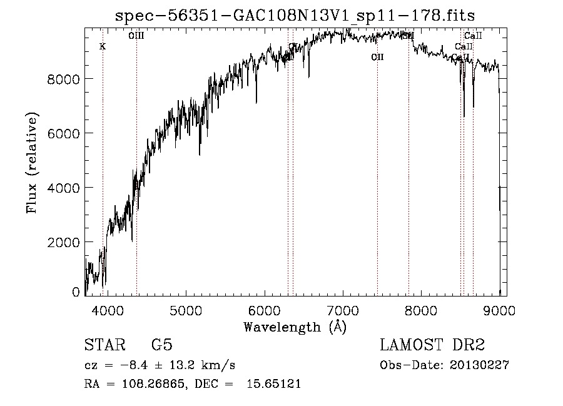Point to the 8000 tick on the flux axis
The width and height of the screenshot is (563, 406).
(64, 79)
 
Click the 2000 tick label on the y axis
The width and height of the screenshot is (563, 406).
(64, 242)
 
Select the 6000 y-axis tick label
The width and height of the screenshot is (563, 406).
(64, 133)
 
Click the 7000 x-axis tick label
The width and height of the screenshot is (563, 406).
(343, 310)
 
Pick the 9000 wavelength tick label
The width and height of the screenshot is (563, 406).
(499, 310)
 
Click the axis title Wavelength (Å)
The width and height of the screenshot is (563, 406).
(295, 327)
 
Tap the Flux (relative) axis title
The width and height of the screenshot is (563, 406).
(31, 163)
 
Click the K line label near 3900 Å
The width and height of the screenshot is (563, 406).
(103, 47)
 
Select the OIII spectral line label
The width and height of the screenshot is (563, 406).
(136, 36)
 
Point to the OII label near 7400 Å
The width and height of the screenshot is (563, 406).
(377, 58)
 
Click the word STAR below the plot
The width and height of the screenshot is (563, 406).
(104, 346)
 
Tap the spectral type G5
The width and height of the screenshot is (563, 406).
(162, 346)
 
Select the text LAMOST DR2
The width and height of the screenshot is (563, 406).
(432, 346)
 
